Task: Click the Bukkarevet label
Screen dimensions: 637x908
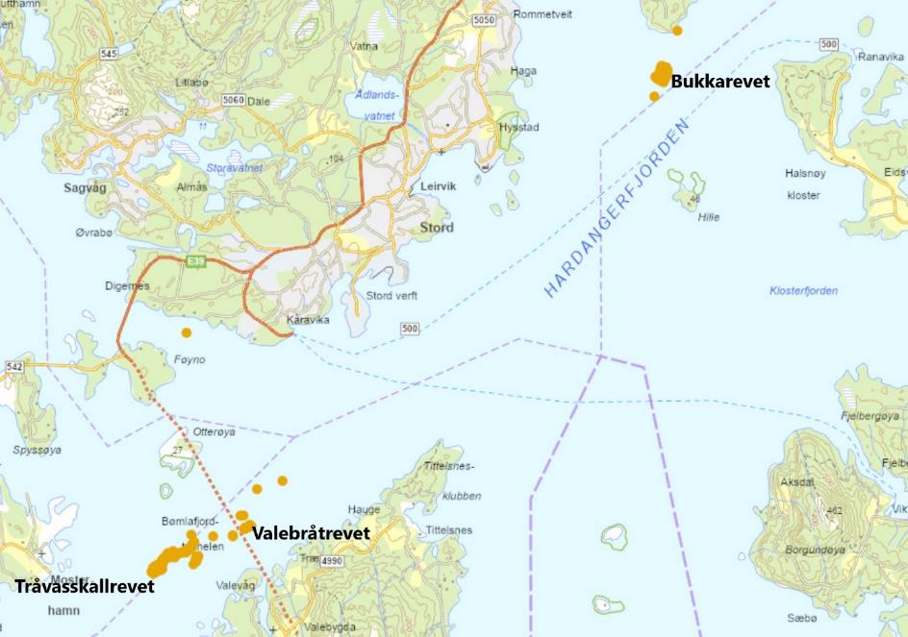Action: coord(720,83)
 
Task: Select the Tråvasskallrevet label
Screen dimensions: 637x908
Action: coord(85,585)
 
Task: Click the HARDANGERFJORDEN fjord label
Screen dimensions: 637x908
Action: coord(618,208)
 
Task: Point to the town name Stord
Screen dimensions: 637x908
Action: coord(437,229)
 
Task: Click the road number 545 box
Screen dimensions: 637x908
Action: coord(109,54)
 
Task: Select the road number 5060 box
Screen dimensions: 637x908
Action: coord(232,100)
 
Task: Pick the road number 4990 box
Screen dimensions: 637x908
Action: coord(332,560)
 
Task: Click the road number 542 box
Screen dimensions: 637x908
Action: coord(14,367)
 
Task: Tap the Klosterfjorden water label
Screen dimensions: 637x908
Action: coord(803,291)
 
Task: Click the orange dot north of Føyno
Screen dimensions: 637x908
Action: coord(187,332)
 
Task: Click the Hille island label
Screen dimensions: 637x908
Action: coord(709,217)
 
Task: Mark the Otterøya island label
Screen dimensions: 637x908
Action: coord(214,432)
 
